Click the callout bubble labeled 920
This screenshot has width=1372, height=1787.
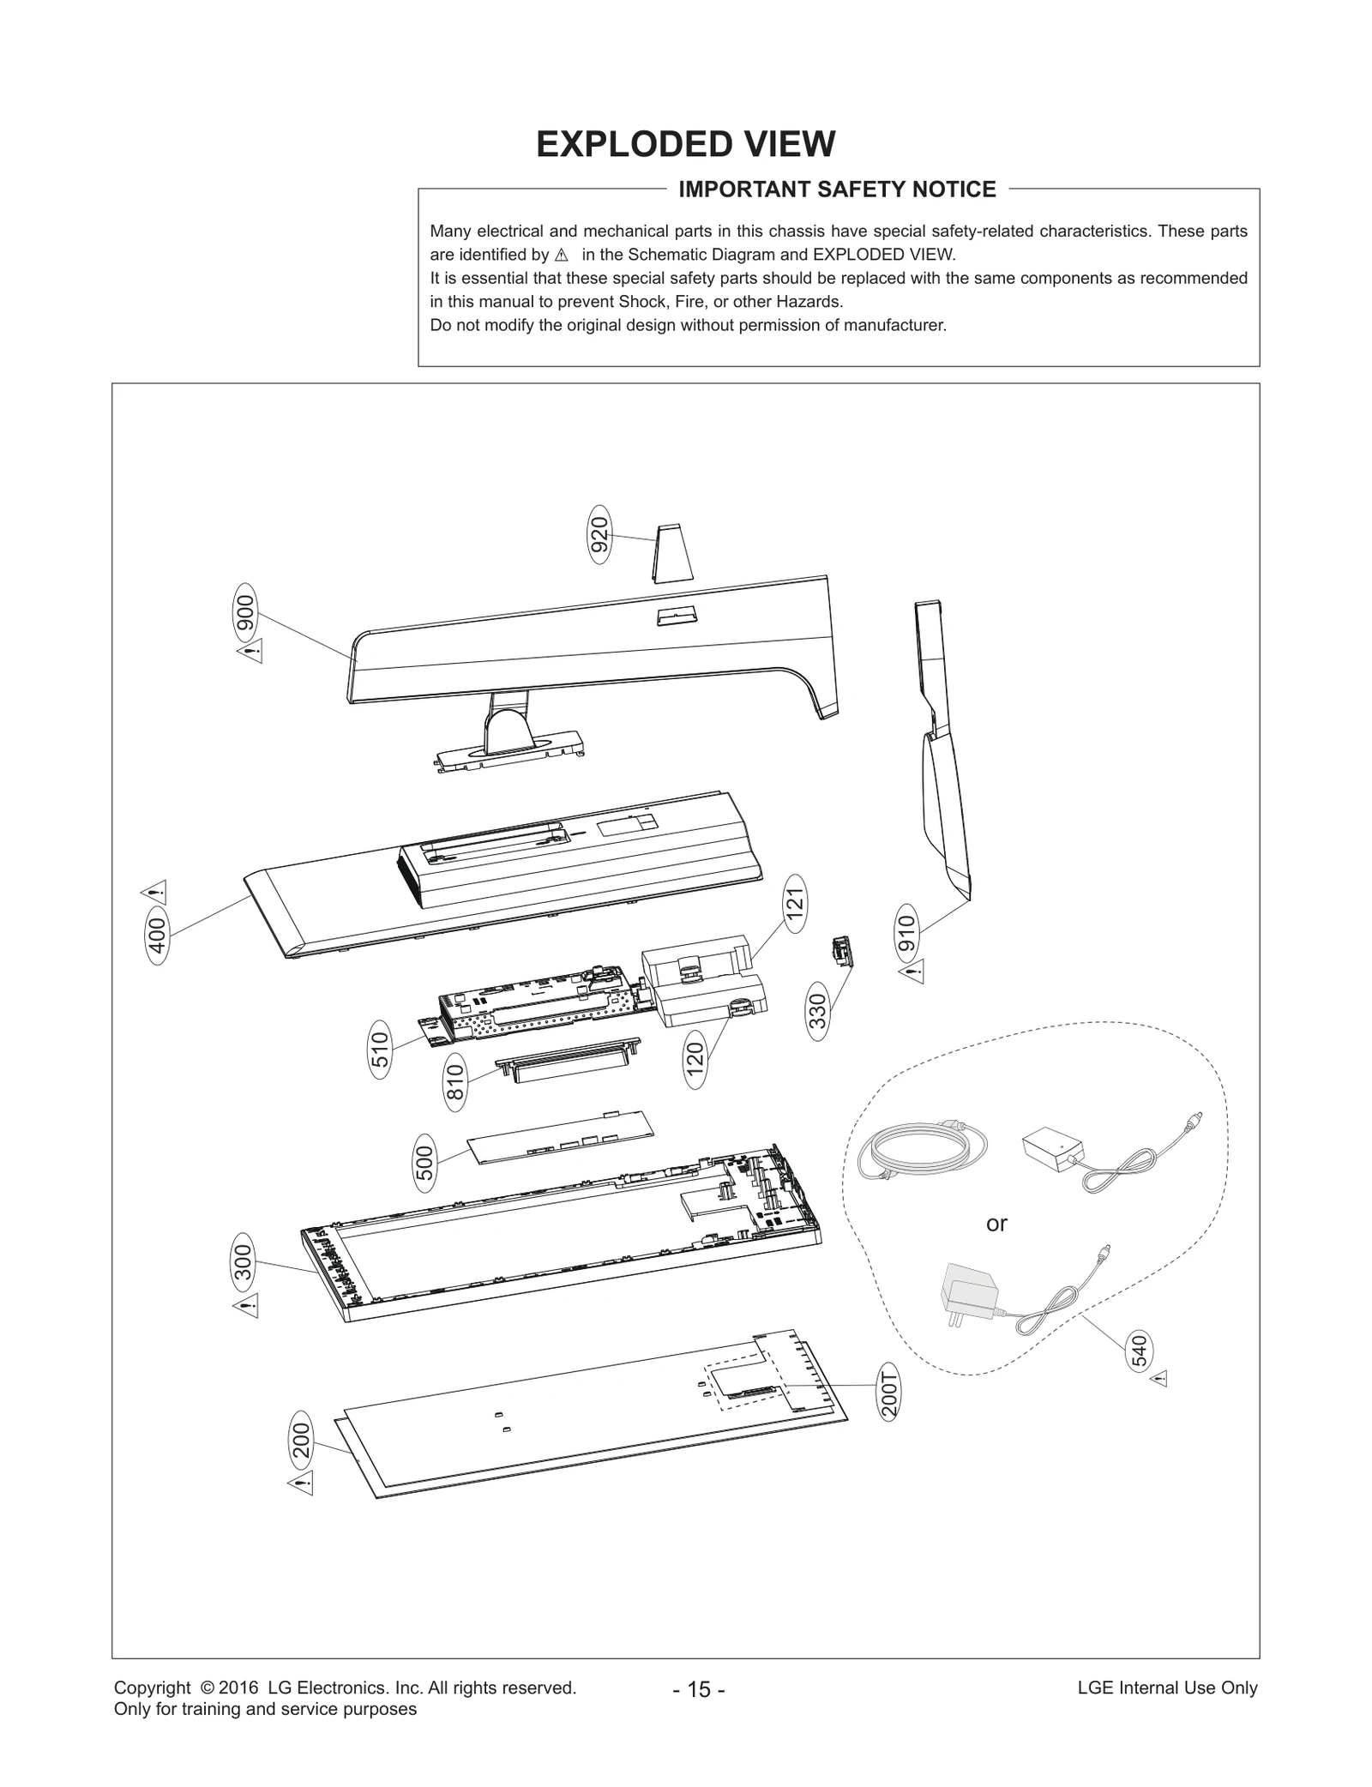click(600, 534)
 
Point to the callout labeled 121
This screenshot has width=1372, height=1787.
click(795, 903)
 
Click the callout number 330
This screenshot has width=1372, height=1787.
click(819, 1012)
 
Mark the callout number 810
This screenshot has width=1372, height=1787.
click(455, 1083)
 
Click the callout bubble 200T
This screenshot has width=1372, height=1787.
click(890, 1394)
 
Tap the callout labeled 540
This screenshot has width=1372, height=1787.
click(1139, 1351)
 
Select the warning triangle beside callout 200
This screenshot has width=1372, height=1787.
click(301, 1483)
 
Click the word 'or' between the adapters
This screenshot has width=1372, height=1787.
click(996, 1224)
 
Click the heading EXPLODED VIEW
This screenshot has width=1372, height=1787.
click(685, 144)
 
